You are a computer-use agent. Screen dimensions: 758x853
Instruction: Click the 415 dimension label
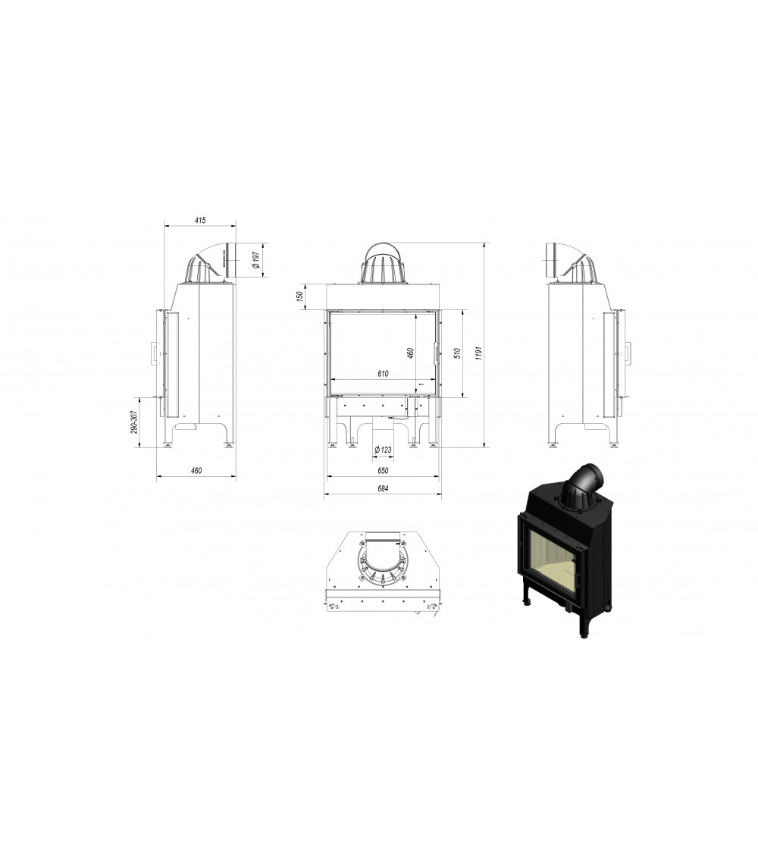click(x=200, y=221)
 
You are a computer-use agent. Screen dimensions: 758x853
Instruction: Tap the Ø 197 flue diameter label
click(x=256, y=260)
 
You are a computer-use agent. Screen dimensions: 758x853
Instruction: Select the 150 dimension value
click(x=299, y=296)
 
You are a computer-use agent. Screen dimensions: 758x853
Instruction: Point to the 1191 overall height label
click(x=478, y=353)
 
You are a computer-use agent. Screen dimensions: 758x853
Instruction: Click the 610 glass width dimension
click(x=383, y=374)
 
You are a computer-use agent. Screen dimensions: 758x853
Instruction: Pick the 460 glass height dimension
click(x=411, y=353)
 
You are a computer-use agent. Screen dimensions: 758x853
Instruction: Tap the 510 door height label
click(x=457, y=353)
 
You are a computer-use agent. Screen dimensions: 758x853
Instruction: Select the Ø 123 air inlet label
click(x=384, y=450)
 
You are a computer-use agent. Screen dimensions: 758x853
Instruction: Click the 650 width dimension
click(x=383, y=470)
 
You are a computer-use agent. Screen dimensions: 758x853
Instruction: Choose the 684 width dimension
click(x=383, y=488)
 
